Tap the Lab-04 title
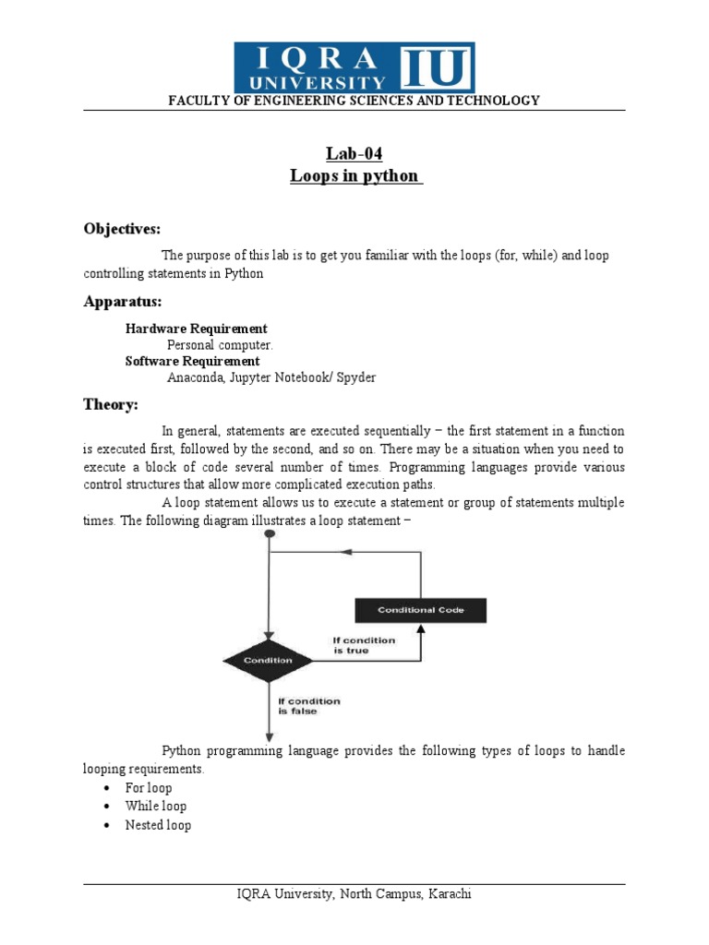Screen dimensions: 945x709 (354, 153)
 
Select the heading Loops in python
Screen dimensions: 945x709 (354, 175)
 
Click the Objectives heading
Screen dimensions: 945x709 (123, 228)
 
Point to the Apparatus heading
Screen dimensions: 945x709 (123, 302)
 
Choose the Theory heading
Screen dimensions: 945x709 (111, 404)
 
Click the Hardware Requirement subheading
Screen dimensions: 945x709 (197, 329)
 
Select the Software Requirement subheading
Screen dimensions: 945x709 (193, 361)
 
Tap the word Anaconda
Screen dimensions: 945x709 (196, 377)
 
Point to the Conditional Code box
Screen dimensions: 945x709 (420, 611)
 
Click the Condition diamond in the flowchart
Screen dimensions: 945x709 (268, 660)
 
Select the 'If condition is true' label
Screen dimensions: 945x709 (364, 645)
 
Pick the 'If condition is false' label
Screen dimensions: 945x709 (309, 706)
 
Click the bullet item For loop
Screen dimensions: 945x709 (149, 788)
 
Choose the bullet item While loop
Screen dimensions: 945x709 (156, 807)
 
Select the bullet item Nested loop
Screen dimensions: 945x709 (158, 825)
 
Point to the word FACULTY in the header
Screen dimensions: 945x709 (196, 101)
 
